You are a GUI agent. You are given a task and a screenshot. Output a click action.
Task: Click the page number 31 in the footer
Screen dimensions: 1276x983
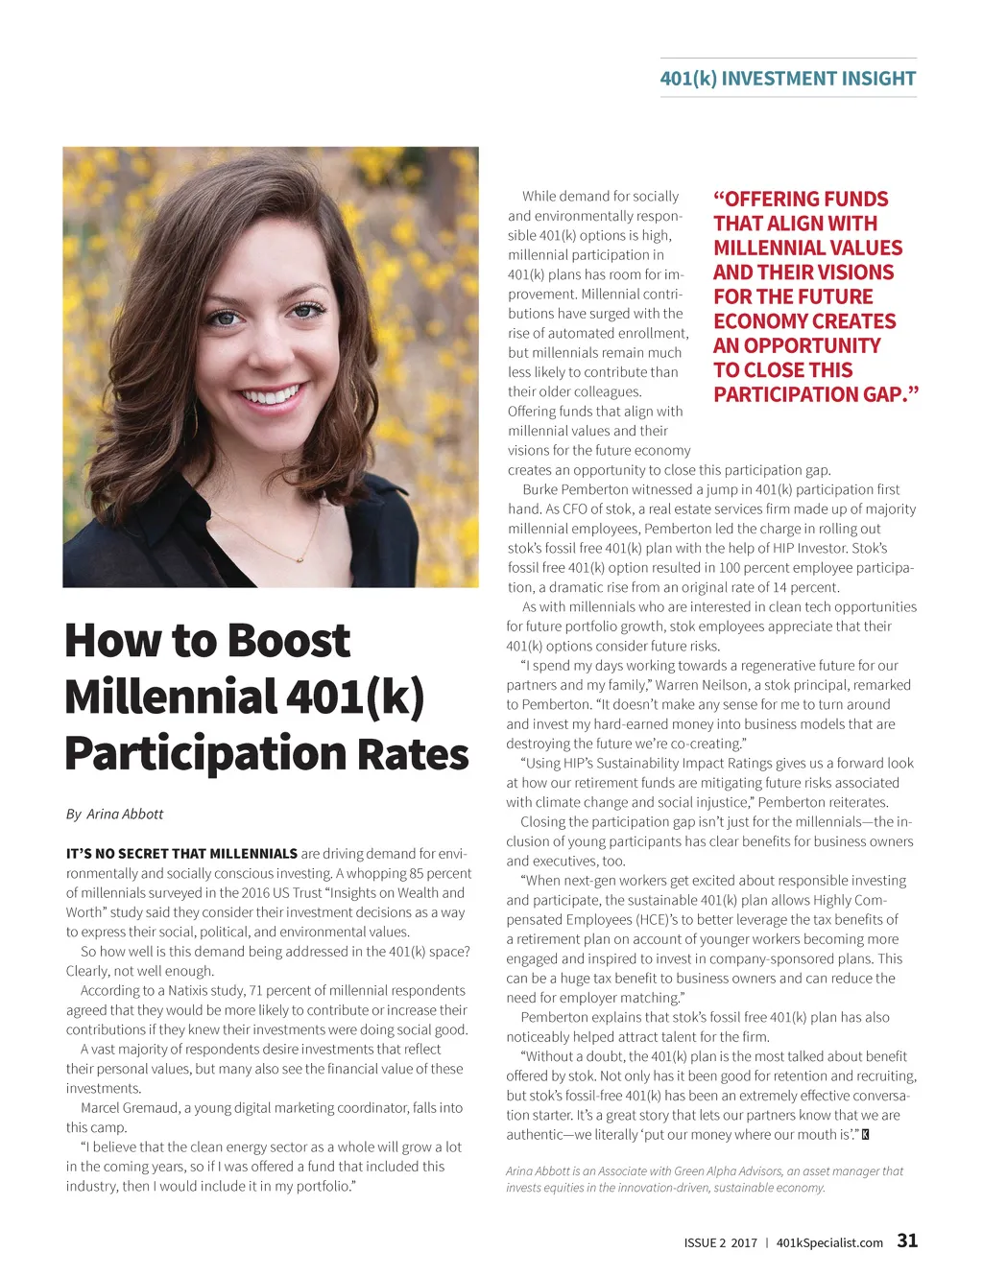(907, 1241)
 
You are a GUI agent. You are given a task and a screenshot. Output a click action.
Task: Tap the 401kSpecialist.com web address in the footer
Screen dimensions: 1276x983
(829, 1242)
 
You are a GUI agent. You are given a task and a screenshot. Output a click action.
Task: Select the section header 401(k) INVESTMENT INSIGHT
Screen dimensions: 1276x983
(787, 79)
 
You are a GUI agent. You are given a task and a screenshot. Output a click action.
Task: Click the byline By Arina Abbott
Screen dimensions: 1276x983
(114, 814)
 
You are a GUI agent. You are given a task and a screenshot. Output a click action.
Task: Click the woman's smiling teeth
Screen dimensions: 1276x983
(271, 394)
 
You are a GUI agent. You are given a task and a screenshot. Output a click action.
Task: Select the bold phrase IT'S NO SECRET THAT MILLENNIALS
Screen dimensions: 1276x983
(181, 854)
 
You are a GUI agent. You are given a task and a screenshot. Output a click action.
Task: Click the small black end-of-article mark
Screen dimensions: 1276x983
(866, 1135)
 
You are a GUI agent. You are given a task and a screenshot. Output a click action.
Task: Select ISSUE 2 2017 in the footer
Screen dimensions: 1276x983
(720, 1242)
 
